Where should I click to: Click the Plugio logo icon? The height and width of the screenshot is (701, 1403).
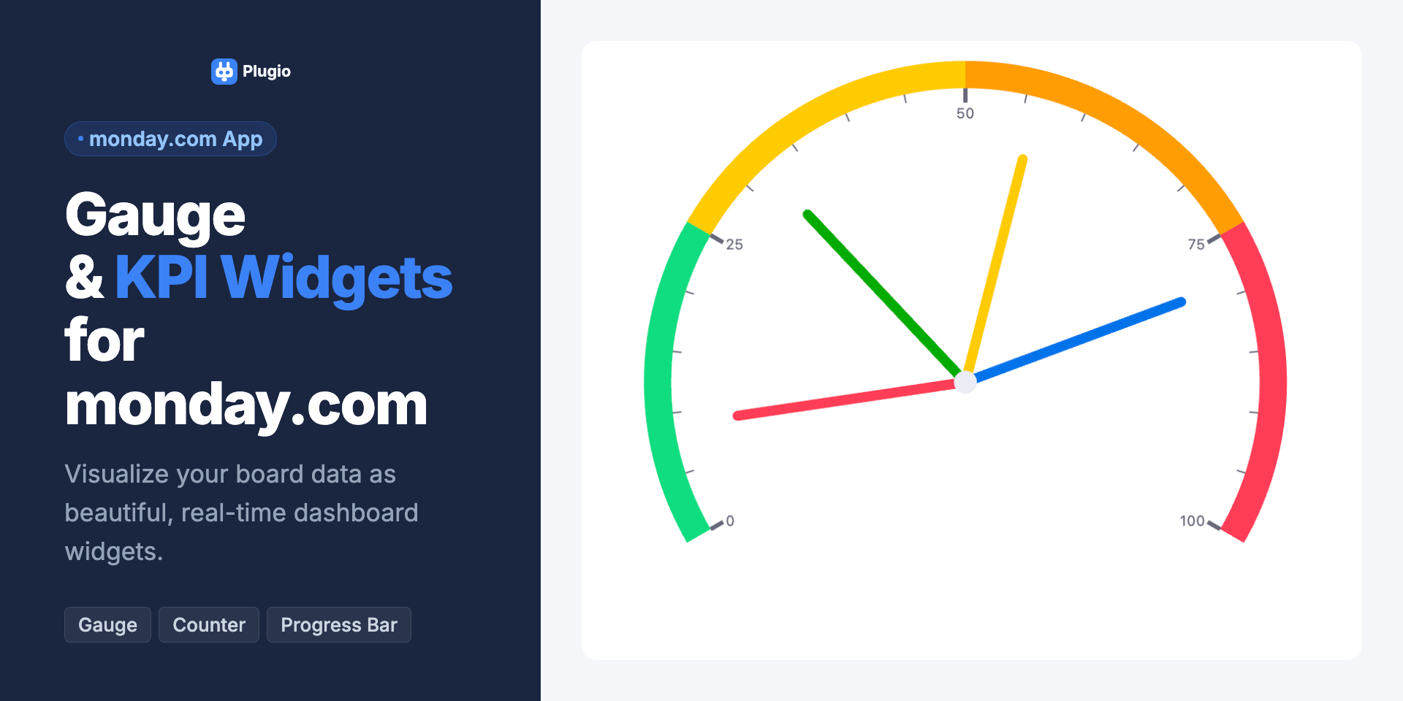pos(224,72)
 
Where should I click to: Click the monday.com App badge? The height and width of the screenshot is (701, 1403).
pos(170,139)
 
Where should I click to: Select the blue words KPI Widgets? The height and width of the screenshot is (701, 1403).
pos(284,278)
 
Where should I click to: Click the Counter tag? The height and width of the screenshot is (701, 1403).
pos(209,625)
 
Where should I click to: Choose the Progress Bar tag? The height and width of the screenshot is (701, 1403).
pos(339,625)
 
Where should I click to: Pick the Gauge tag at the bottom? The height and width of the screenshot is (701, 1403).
pos(107,625)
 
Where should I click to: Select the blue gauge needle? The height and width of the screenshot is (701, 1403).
pos(1074,341)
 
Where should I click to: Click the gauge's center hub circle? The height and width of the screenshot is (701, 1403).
pos(965,382)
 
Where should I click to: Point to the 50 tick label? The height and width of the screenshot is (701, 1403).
pos(965,114)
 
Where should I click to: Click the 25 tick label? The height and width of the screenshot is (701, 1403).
pos(734,245)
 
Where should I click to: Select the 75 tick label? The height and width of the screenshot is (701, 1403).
pos(1196,245)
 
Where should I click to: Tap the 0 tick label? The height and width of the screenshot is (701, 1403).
pos(730,521)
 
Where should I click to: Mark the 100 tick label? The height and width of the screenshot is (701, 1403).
pos(1192,521)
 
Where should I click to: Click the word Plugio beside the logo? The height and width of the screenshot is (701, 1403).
pos(267,72)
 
